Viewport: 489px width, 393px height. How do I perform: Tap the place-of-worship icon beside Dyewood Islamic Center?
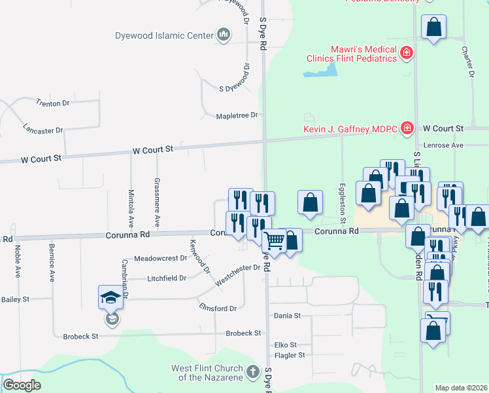(x=223, y=35)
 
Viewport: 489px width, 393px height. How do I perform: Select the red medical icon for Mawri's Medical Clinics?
(x=407, y=52)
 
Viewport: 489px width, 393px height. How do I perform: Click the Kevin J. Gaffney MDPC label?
(x=351, y=128)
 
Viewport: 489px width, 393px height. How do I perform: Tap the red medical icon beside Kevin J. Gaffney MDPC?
(x=407, y=127)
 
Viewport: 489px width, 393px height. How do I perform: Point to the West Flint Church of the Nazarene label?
(x=207, y=373)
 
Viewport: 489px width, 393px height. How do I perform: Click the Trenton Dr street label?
(x=53, y=103)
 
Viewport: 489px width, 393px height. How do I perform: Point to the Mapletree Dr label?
(x=237, y=116)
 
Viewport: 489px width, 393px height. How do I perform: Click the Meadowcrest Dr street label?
(x=161, y=259)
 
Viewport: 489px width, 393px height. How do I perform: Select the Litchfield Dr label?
(x=167, y=278)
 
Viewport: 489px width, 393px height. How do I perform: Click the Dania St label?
(x=287, y=315)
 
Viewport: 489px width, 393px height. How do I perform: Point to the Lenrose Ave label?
(x=443, y=145)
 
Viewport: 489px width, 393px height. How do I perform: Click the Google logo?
(x=22, y=385)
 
